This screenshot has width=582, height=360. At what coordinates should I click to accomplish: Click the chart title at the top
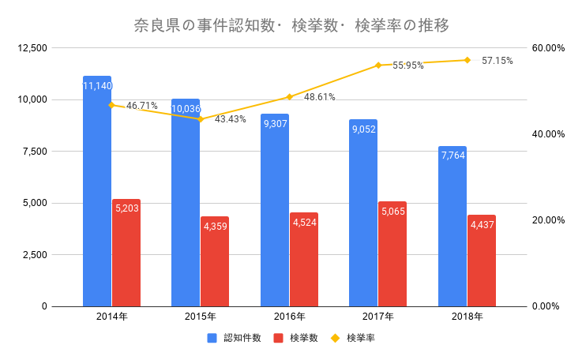[x=291, y=26]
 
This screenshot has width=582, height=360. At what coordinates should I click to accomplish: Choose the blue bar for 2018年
[x=452, y=229]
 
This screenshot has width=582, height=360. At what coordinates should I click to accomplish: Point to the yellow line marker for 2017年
[x=378, y=65]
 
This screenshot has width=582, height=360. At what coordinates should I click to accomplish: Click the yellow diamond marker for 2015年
[x=201, y=119]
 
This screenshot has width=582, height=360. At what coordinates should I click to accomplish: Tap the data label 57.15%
[x=498, y=60]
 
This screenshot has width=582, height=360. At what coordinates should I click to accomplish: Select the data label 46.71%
[x=142, y=105]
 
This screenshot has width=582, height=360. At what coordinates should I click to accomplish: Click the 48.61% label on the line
[x=320, y=97]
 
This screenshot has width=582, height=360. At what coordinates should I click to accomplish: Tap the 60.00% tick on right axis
[x=548, y=48]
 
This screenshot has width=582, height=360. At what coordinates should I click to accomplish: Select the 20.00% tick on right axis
[x=548, y=220]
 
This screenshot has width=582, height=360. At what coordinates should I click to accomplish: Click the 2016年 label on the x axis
[x=290, y=317]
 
